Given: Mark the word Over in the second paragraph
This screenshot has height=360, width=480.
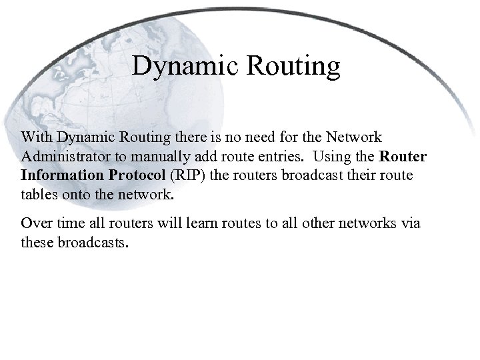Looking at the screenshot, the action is tap(34, 223).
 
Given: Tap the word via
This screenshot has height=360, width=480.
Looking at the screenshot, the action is tap(410, 223).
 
